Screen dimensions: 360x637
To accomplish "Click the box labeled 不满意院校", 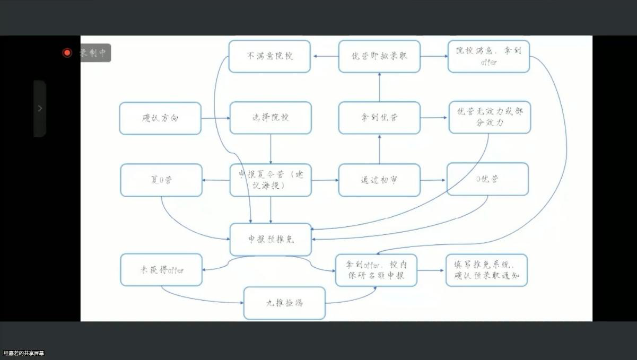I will tap(269, 56).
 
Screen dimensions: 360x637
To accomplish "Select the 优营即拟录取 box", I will tap(379, 56).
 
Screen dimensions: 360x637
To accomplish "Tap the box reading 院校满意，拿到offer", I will tap(488, 56).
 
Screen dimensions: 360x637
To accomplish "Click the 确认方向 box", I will tap(160, 118).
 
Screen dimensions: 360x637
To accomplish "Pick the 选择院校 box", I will tap(270, 118).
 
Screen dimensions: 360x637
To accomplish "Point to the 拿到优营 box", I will tap(379, 118).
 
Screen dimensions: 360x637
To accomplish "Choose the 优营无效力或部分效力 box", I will tap(490, 118).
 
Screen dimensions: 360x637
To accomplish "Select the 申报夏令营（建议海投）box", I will tap(270, 180).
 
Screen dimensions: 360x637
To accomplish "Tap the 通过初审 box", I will tap(379, 180).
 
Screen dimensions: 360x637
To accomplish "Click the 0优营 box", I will tap(488, 180).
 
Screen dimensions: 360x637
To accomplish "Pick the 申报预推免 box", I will tap(270, 239).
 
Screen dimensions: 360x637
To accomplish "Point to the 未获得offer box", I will tap(161, 270).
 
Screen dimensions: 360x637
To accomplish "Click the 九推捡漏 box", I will tap(284, 303).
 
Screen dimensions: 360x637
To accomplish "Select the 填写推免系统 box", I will tap(486, 270).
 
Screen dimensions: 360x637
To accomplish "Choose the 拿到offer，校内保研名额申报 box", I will tap(376, 270).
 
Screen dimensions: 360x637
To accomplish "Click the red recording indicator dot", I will tap(67, 52).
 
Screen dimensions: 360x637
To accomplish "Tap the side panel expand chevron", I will tap(40, 108).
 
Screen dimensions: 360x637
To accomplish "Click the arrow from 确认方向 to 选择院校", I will tap(215, 118).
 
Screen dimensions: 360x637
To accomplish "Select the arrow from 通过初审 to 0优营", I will tap(433, 180).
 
